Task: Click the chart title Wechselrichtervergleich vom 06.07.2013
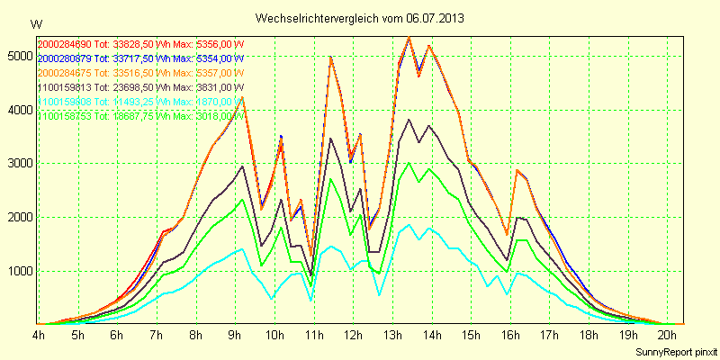tap(359, 18)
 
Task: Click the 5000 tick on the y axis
tap(17, 56)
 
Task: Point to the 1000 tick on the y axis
tap(17, 271)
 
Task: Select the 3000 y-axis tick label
tap(17, 164)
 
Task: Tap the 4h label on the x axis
tap(39, 335)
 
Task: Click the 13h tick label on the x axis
tap(392, 335)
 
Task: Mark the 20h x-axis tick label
tap(667, 335)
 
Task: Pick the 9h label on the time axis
tap(235, 335)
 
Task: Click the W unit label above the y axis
tap(35, 22)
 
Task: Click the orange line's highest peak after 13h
tap(409, 37)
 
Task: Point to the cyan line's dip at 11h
tap(310, 299)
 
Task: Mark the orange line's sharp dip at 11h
tap(310, 258)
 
